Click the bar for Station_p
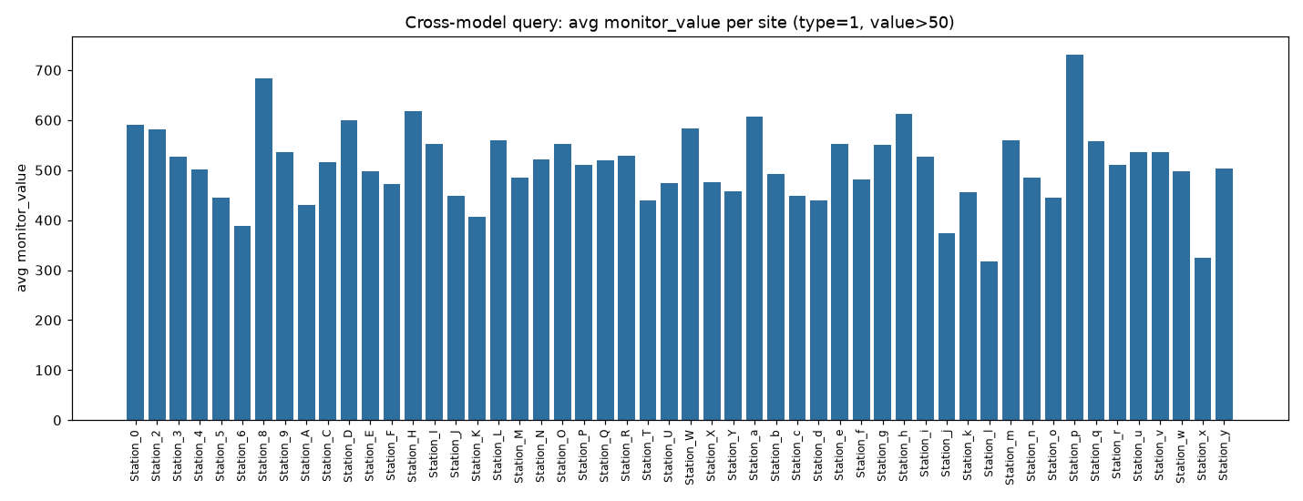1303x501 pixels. click(x=1074, y=237)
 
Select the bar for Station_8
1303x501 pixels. click(x=263, y=250)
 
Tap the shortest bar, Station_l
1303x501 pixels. click(x=989, y=341)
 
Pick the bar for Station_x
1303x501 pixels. click(x=1203, y=339)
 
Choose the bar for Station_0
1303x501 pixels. click(x=136, y=272)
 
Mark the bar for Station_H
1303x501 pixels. click(x=413, y=266)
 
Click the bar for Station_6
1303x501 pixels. click(x=242, y=323)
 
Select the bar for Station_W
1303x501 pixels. click(x=690, y=274)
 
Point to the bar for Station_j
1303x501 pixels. click(x=947, y=327)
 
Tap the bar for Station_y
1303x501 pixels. click(x=1224, y=294)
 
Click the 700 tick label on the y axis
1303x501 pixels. click(x=48, y=71)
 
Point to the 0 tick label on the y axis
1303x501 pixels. click(x=57, y=421)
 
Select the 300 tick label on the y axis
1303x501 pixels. click(x=48, y=271)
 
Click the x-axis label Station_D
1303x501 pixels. click(x=348, y=456)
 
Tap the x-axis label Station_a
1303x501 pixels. click(x=754, y=455)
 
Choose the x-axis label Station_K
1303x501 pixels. click(x=477, y=455)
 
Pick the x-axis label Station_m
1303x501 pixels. click(x=1010, y=457)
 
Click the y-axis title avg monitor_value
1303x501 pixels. click(x=22, y=228)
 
